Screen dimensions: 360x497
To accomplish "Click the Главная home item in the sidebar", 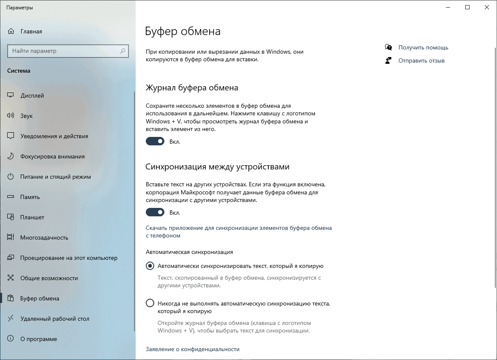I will [31, 31].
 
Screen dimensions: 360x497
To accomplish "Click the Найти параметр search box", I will [63, 51].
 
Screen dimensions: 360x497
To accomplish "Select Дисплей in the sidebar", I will [32, 95].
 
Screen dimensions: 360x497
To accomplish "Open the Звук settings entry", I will [26, 116].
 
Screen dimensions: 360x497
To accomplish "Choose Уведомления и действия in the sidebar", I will [54, 136].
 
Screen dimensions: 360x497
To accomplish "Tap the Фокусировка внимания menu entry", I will [52, 156].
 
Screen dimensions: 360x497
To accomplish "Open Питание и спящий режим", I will [55, 177].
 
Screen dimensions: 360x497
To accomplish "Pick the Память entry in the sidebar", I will [30, 197].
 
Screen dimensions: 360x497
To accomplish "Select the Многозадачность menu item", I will [44, 237].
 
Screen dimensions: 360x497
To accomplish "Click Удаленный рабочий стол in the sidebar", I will [55, 319].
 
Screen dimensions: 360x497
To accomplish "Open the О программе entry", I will [38, 339].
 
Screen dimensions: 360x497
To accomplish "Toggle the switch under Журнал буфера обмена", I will [155, 141].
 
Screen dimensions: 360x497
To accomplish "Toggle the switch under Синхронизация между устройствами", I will [155, 212].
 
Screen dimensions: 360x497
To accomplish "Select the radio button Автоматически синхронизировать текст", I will [150, 266].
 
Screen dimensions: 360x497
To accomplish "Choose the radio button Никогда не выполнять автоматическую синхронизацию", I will [150, 303].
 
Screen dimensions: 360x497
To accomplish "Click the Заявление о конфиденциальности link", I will [192, 349].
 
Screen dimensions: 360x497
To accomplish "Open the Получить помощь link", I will [423, 47].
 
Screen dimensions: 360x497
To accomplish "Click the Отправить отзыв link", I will [421, 60].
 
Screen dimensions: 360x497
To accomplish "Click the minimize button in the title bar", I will [448, 7].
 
